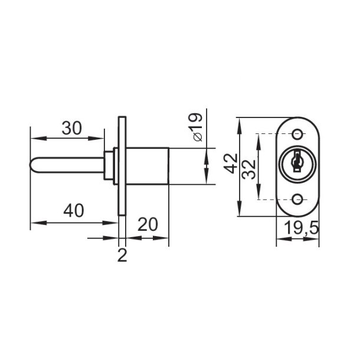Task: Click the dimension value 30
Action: [71, 128]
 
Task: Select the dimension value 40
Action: [74, 211]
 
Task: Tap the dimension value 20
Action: [148, 224]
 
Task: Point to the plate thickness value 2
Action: [122, 256]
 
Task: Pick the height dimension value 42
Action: [231, 163]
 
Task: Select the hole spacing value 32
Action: [249, 169]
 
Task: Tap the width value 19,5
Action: [302, 228]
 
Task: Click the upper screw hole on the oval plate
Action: [297, 135]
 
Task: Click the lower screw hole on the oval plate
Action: [297, 199]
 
